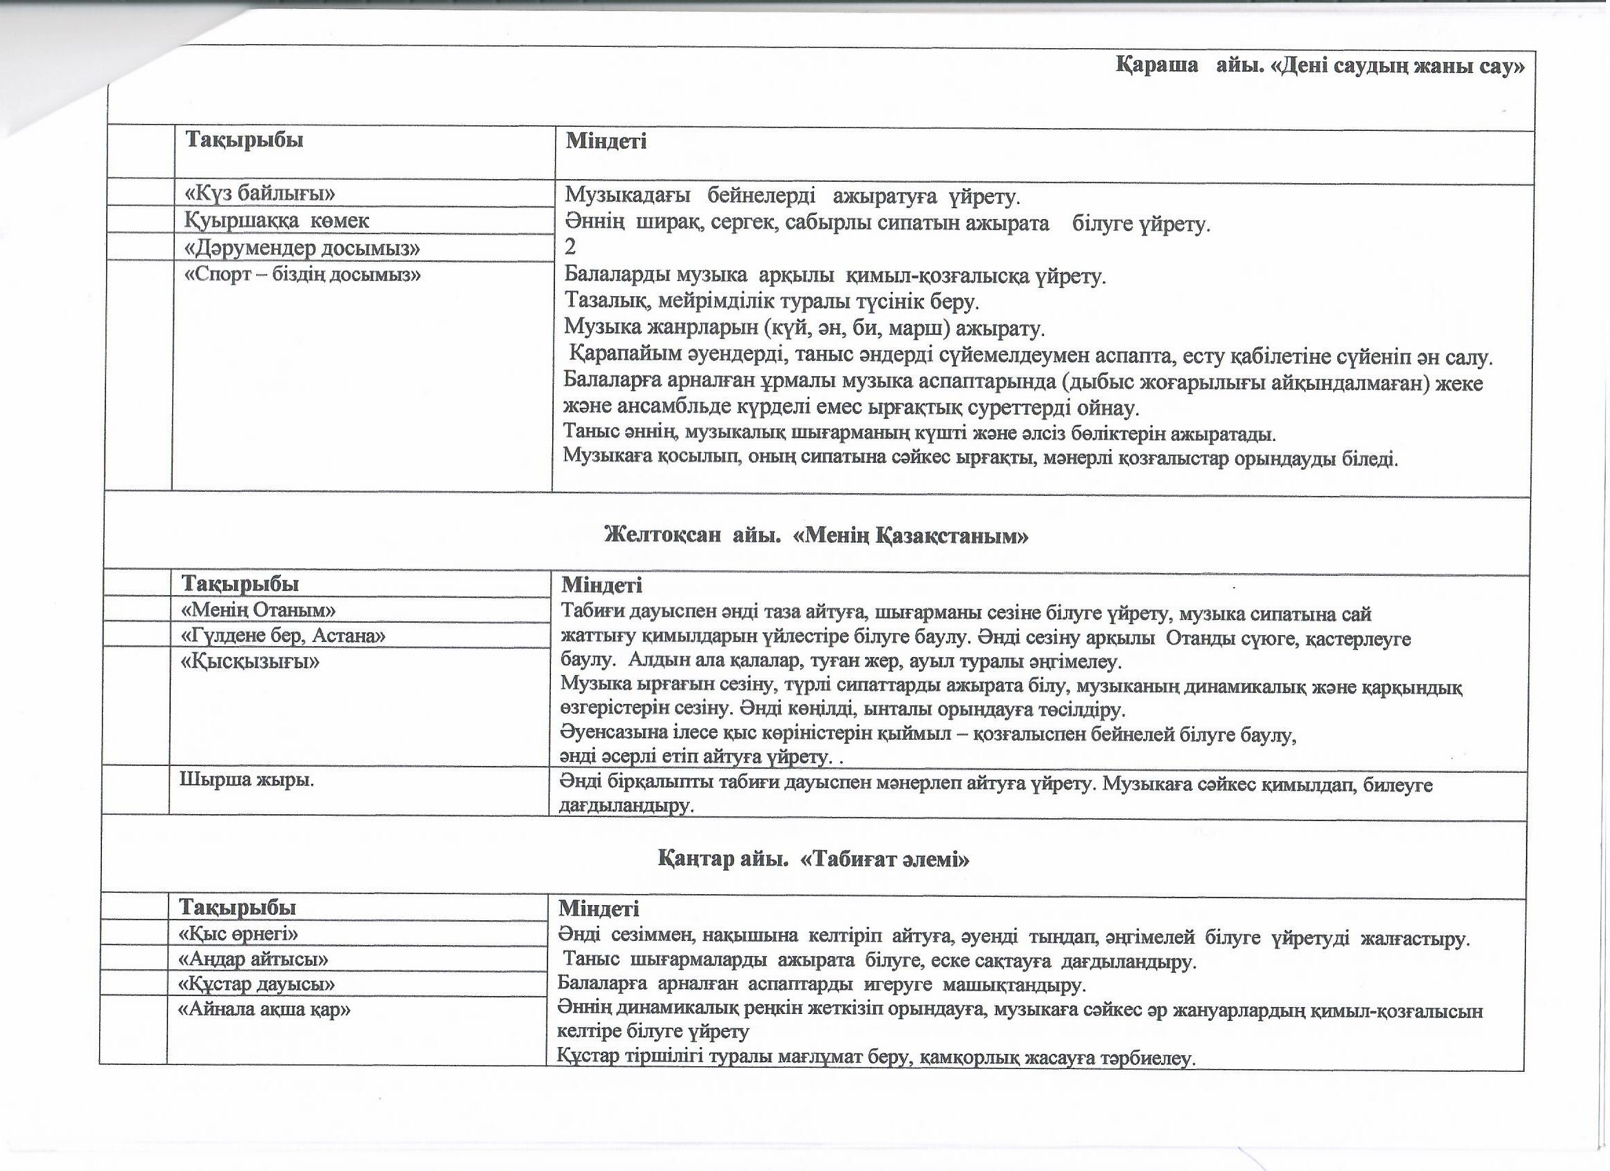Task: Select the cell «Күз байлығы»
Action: click(x=260, y=193)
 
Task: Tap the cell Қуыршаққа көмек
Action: click(x=277, y=221)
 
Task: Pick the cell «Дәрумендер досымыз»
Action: click(x=302, y=249)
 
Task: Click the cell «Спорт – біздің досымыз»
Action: click(x=302, y=274)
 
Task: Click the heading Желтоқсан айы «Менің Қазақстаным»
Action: click(x=816, y=536)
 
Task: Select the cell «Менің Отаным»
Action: click(x=258, y=610)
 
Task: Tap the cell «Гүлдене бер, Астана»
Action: click(x=283, y=636)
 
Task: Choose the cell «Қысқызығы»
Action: click(x=250, y=662)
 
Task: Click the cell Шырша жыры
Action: click(x=247, y=780)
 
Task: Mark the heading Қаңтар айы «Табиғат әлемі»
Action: click(x=813, y=860)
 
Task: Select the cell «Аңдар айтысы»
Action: click(x=253, y=960)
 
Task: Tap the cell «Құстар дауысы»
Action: click(x=256, y=984)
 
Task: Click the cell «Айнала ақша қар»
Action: click(x=263, y=1009)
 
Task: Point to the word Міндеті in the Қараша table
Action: click(x=605, y=141)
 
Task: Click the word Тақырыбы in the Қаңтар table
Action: click(x=236, y=908)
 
